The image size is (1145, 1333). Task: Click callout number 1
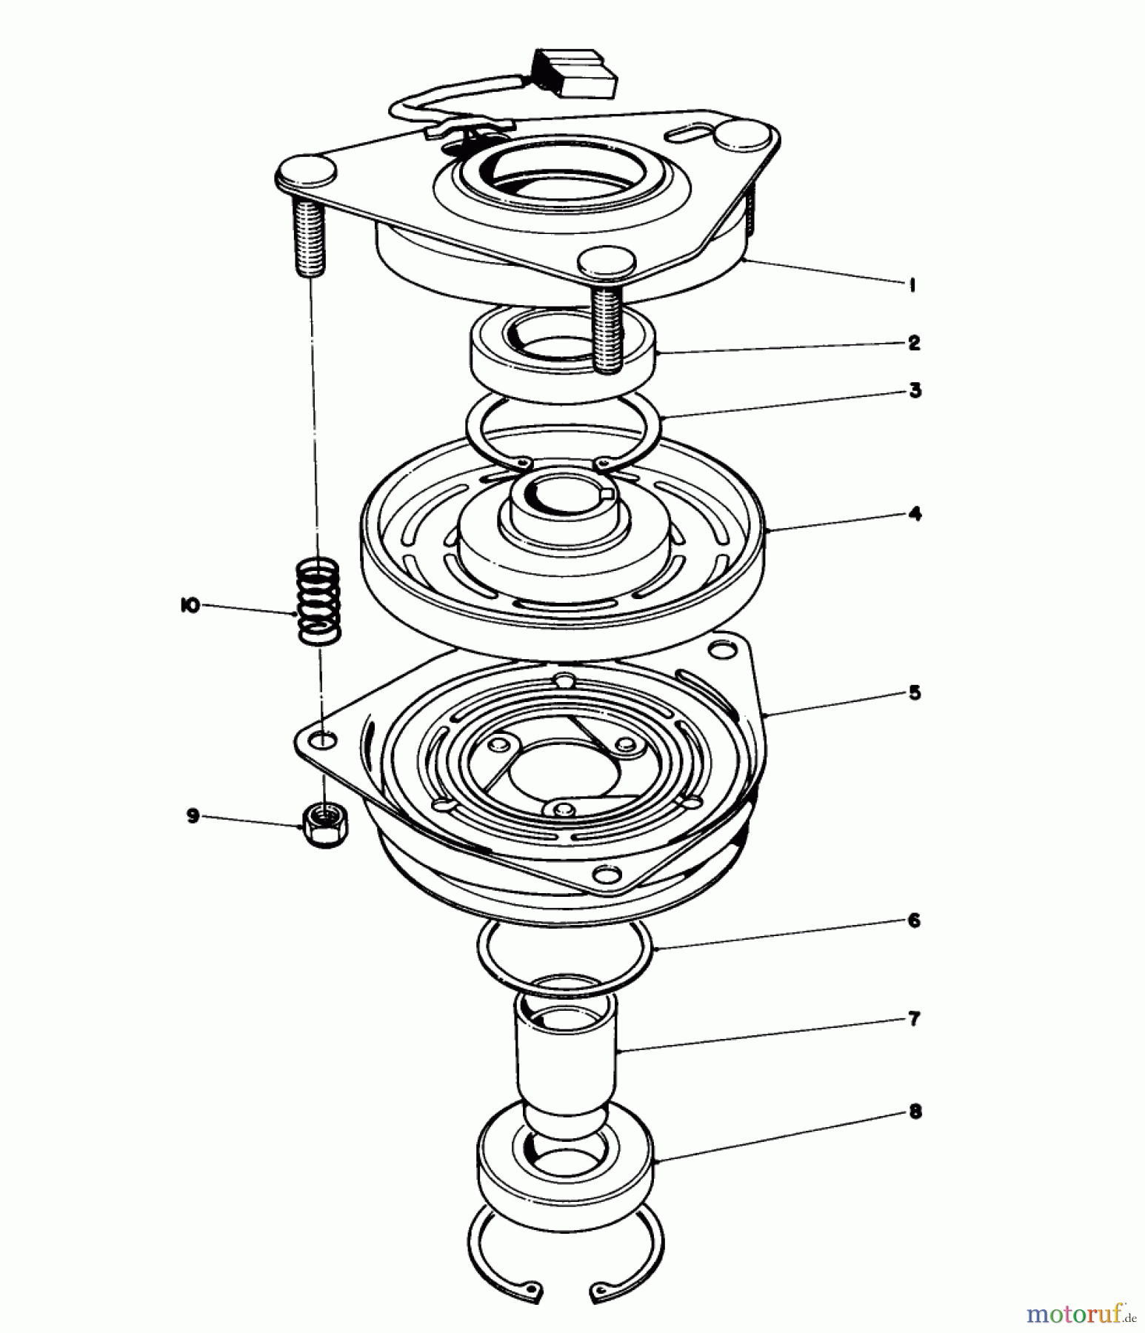(912, 285)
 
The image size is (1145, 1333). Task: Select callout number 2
(914, 343)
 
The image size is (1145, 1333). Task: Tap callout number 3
(915, 390)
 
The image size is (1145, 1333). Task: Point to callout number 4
(915, 514)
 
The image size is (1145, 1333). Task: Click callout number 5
(915, 693)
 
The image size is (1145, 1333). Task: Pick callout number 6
(914, 921)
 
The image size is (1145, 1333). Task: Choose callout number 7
(914, 1020)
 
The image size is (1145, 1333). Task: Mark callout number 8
(915, 1112)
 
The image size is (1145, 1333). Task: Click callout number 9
(193, 817)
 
